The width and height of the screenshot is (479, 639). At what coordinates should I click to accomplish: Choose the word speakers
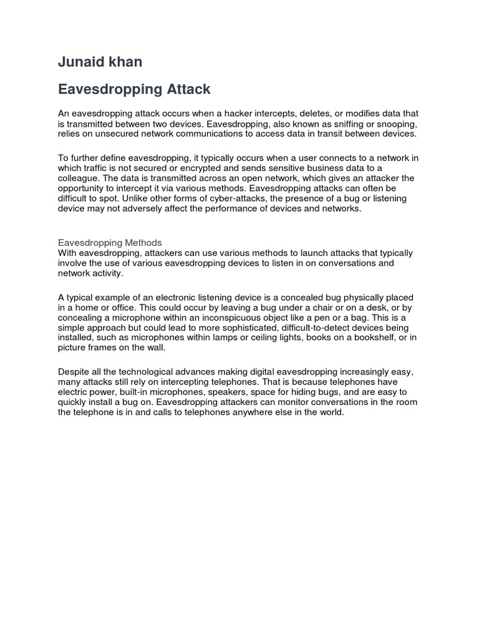(x=225, y=392)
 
